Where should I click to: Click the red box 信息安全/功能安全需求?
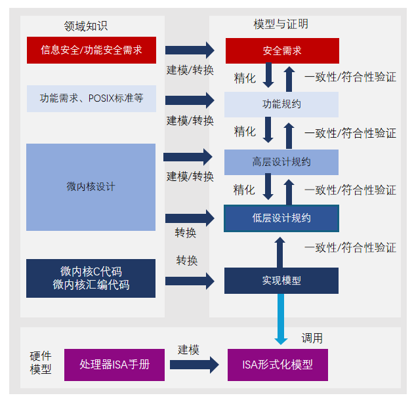[x=91, y=50]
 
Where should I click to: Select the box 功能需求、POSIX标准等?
[x=91, y=98]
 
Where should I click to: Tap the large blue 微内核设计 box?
[x=91, y=187]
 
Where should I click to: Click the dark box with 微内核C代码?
[x=91, y=278]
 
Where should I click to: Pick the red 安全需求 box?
[x=282, y=51]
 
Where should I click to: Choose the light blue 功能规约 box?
[x=282, y=104]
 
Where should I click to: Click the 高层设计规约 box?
[x=282, y=162]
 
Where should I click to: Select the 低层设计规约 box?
[x=282, y=218]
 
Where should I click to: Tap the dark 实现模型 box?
[x=282, y=280]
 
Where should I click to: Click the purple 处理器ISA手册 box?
[x=114, y=365]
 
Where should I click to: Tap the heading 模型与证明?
[x=281, y=24]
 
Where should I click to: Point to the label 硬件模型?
[x=41, y=363]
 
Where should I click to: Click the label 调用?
[x=312, y=338]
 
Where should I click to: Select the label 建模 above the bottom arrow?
[x=188, y=350]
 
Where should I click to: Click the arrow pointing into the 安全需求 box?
[x=190, y=50]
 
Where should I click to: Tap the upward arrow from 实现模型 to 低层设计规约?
[x=280, y=253]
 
